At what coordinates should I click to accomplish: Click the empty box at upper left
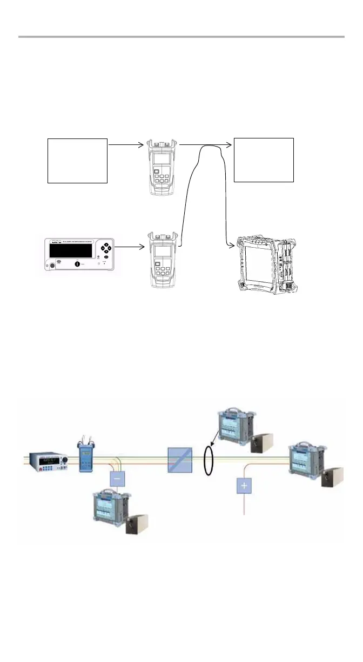click(x=78, y=161)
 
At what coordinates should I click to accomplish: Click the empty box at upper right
click(x=264, y=160)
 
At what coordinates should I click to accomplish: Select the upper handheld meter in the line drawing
click(x=163, y=168)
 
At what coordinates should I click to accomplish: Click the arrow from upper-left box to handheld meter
click(x=126, y=144)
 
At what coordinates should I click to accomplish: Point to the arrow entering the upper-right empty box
click(x=206, y=144)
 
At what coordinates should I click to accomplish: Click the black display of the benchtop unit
click(x=70, y=250)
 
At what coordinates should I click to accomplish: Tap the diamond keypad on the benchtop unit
click(x=106, y=250)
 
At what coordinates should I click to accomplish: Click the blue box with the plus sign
click(x=244, y=486)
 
